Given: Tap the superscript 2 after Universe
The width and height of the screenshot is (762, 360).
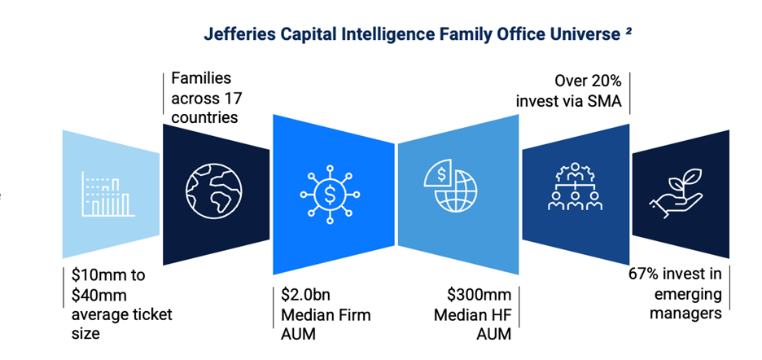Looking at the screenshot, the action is pos(628,31).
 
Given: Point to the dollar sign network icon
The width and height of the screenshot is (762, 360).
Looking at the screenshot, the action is pos(330,194).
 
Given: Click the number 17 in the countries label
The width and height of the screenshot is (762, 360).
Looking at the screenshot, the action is pos(232,98).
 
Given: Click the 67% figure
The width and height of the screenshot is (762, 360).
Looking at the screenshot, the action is pos(645,274).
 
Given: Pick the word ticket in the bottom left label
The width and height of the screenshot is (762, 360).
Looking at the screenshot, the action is pos(152,314).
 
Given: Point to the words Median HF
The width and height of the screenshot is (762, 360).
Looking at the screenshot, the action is pos(472,314).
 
